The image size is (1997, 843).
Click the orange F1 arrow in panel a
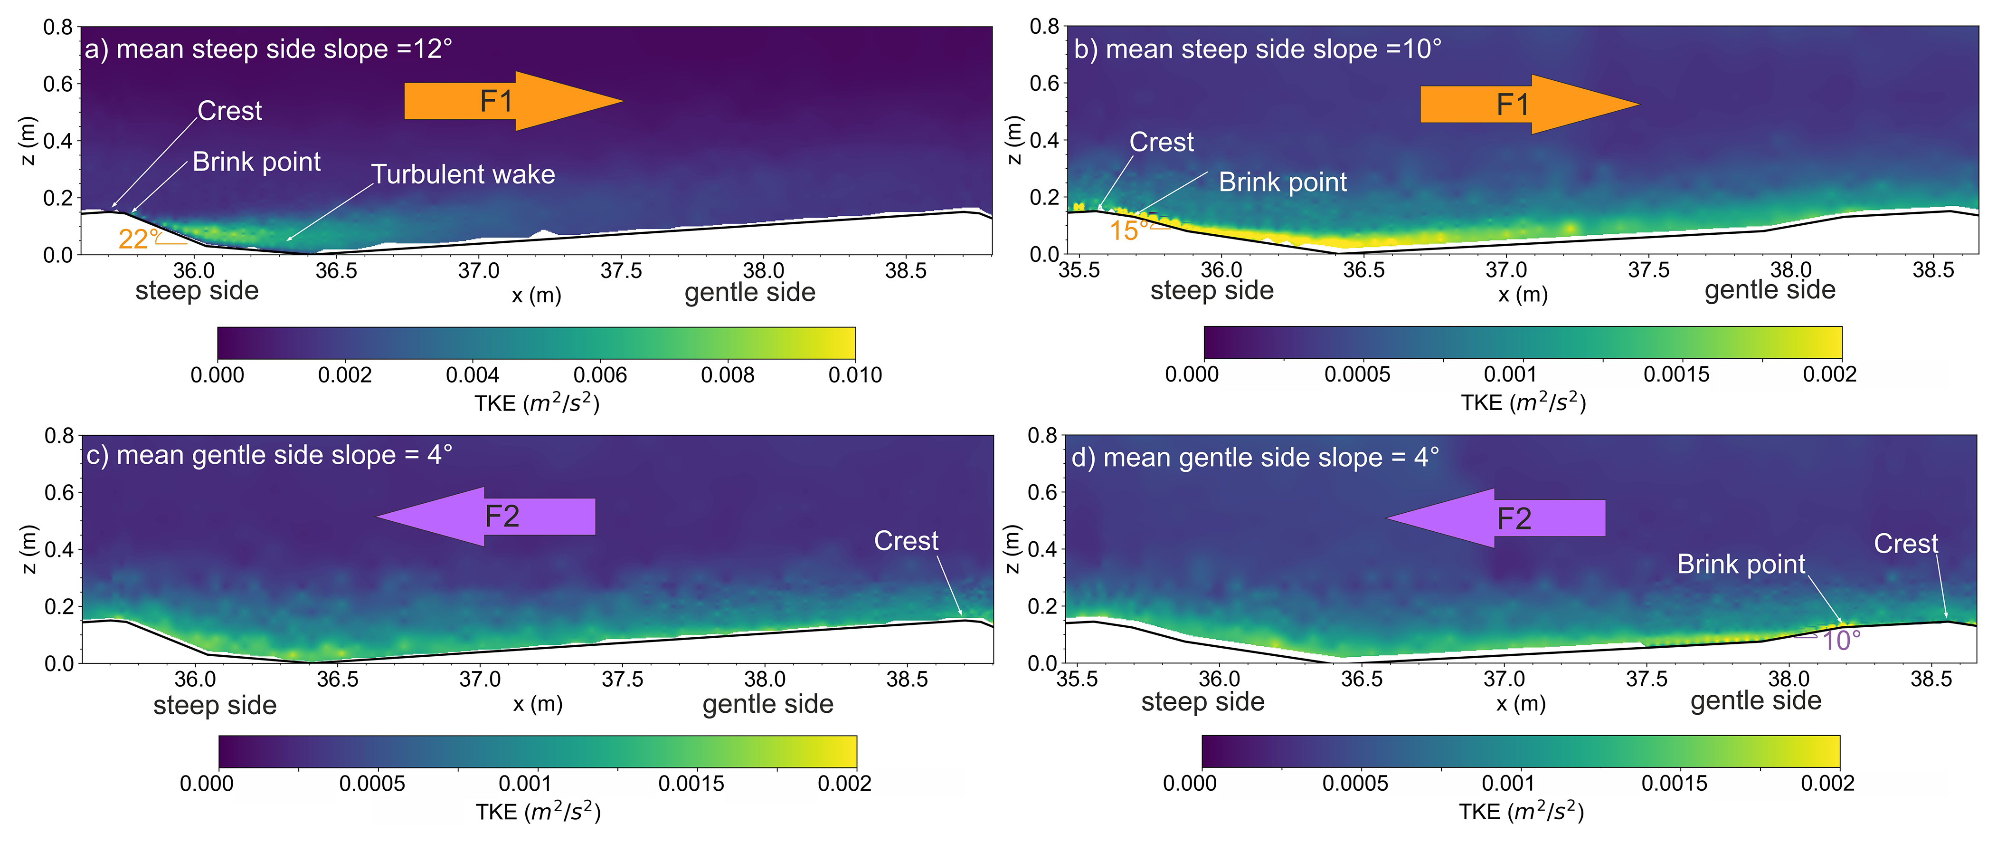[x=511, y=101]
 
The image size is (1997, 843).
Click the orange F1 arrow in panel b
[x=1527, y=105]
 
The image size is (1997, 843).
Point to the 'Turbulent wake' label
[x=463, y=174]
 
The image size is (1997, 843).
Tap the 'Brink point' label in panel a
[x=256, y=162]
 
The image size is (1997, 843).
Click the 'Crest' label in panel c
[x=906, y=541]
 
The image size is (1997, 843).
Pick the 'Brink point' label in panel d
[x=1741, y=564]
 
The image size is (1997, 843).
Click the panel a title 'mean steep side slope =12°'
[x=268, y=49]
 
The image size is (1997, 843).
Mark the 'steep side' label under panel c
[x=215, y=706]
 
